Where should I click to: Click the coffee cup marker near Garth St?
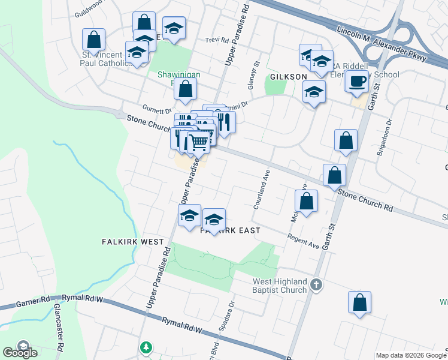(357, 80)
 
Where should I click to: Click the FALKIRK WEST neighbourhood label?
(132, 242)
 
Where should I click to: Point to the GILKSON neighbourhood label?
(288, 77)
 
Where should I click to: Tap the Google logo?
(20, 352)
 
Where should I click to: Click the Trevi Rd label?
(217, 40)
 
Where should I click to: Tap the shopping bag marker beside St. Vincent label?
(94, 40)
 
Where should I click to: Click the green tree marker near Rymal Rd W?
(146, 347)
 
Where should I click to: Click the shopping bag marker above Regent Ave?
(306, 202)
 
